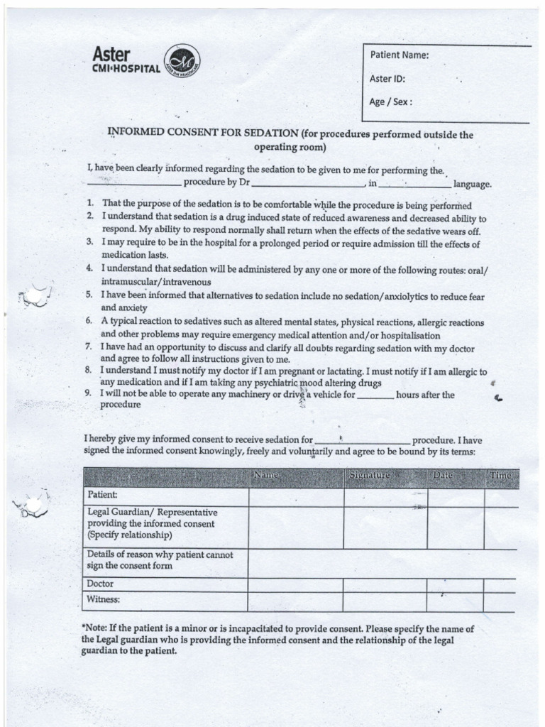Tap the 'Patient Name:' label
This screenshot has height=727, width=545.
click(400, 55)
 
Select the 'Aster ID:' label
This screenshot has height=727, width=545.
click(387, 79)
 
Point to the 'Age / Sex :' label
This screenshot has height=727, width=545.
click(390, 102)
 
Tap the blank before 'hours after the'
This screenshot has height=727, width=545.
click(375, 395)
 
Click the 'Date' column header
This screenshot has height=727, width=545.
click(443, 475)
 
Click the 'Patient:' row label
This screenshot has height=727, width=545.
click(102, 494)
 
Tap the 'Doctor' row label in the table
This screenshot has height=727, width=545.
click(100, 584)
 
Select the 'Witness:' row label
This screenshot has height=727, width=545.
click(103, 599)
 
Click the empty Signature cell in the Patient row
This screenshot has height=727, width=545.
click(385, 496)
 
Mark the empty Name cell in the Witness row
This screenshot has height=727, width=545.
click(295, 602)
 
